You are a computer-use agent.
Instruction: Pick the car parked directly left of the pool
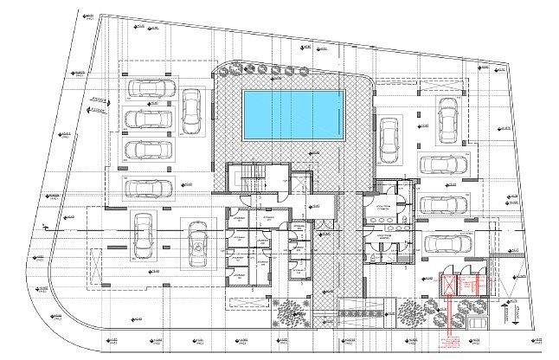190,108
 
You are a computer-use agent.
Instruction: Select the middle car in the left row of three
149,119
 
